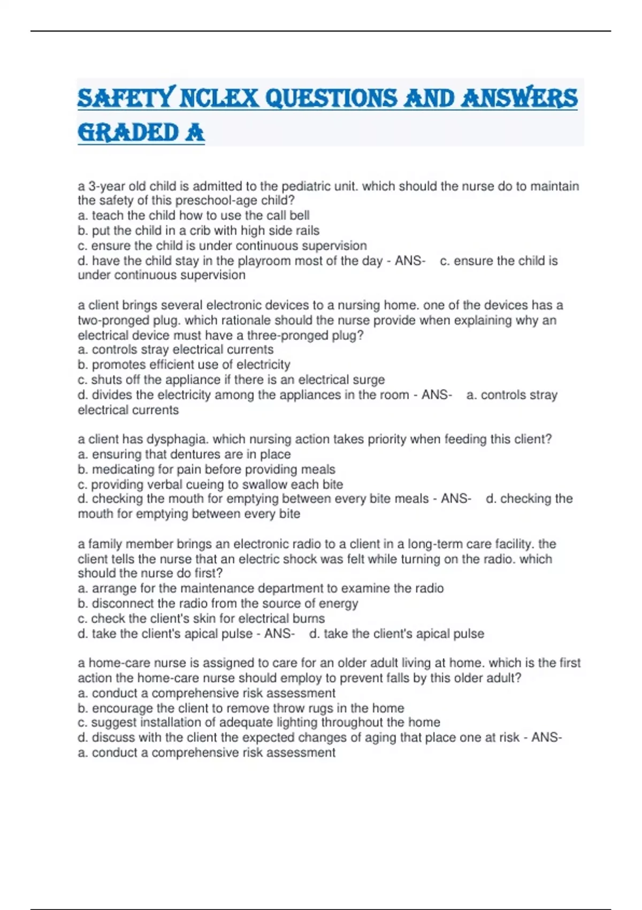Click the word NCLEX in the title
(x=219, y=98)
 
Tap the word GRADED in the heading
(x=128, y=133)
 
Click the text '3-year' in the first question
(x=106, y=186)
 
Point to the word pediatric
(x=308, y=186)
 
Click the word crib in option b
(x=200, y=231)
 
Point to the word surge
(x=369, y=380)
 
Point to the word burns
(x=308, y=618)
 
